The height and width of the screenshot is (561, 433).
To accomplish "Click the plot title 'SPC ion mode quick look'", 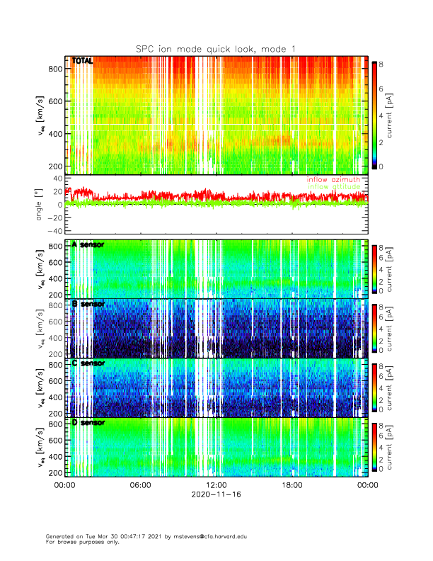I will tap(216, 48).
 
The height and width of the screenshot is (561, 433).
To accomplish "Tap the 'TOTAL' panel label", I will tap(82, 62).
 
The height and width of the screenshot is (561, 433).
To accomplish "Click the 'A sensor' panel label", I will tap(88, 245).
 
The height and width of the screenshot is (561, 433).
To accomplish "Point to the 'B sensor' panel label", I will tap(88, 304).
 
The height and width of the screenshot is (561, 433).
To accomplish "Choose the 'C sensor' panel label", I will tap(88, 363).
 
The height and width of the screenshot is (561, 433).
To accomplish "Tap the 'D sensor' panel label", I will tap(88, 422).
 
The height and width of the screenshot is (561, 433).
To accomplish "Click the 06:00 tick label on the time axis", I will tap(140, 485).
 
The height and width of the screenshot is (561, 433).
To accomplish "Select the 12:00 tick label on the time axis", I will tap(216, 485).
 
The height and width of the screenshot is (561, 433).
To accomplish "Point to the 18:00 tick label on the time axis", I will tap(291, 485).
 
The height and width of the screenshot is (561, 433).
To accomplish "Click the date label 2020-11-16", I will tap(216, 496).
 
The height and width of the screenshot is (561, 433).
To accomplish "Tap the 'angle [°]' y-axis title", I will tap(38, 204).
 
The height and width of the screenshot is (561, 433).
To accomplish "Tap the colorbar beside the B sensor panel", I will tap(374, 328).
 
